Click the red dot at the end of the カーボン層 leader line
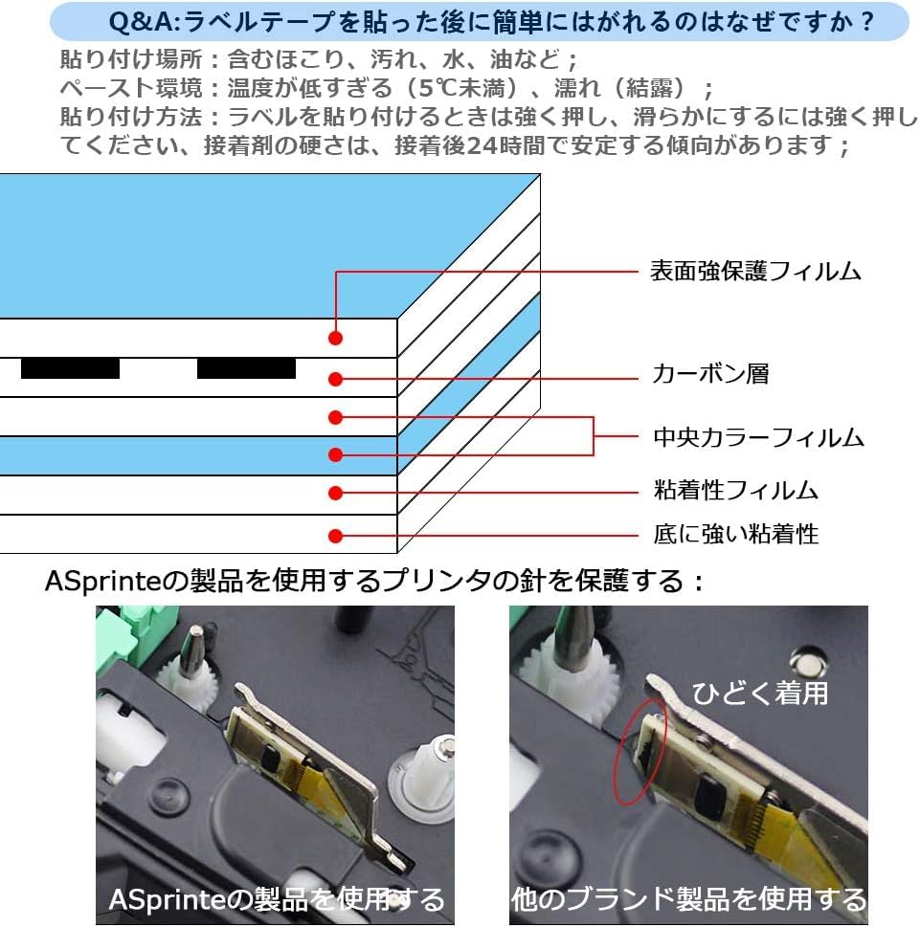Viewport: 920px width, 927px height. pos(335,379)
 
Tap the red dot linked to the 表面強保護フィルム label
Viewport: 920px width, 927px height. pos(335,338)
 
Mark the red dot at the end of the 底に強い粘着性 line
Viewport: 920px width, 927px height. pos(335,536)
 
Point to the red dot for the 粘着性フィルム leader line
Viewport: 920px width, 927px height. pos(335,493)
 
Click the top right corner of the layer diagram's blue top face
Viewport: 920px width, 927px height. pos(540,174)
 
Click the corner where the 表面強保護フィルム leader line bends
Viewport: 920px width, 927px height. pos(336,272)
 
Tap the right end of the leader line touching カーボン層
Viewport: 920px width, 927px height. pos(639,379)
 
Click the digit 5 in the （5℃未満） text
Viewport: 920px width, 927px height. pos(426,89)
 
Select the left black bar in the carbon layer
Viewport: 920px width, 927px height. pos(71,368)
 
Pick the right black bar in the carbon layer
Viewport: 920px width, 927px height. pos(246,368)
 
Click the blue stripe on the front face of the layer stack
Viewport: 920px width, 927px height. pos(198,455)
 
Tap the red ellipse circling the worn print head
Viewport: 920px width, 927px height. pos(641,751)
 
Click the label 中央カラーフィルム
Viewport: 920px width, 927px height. pos(758,437)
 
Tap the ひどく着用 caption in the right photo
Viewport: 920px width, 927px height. pos(760,693)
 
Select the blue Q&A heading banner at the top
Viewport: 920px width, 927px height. pos(480,22)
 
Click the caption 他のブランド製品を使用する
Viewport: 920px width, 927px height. pos(688,900)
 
